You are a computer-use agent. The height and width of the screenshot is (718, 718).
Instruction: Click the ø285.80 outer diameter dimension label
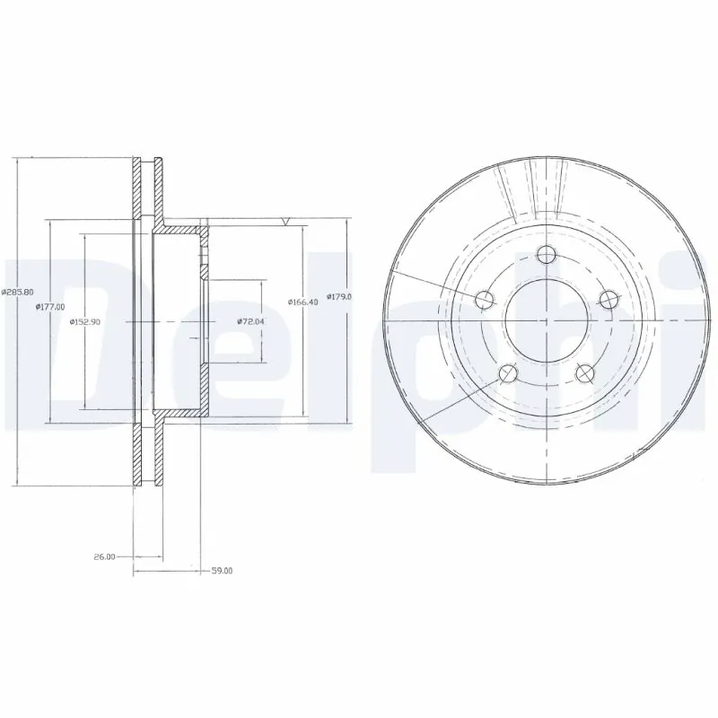click(18, 292)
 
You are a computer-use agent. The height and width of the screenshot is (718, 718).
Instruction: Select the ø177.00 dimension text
click(50, 307)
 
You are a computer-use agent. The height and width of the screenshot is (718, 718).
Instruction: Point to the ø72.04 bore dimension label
click(250, 321)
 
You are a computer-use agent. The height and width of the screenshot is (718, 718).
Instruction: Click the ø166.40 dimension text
click(302, 302)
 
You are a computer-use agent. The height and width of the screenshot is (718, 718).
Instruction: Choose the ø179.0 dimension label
click(338, 296)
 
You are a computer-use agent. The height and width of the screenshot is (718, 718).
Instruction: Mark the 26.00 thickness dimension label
click(104, 557)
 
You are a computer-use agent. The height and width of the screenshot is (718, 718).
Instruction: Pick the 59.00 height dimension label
click(221, 570)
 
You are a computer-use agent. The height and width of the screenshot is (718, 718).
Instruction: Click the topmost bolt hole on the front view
click(547, 255)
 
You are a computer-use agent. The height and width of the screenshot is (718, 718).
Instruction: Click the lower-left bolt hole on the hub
click(508, 372)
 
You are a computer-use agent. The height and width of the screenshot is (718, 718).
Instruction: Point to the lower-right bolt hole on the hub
click(585, 372)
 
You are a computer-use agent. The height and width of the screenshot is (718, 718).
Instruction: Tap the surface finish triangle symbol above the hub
click(286, 220)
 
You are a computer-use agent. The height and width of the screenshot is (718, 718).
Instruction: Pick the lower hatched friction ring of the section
click(148, 453)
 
